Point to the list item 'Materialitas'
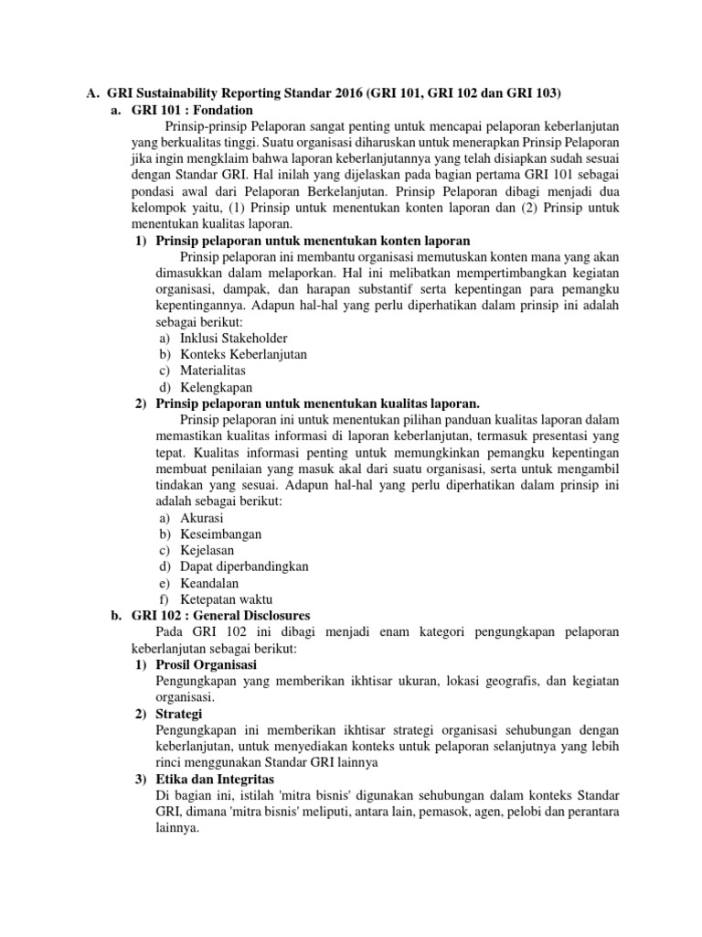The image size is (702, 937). (x=213, y=371)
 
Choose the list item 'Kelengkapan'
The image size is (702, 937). (x=217, y=387)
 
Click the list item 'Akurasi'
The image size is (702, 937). (x=202, y=518)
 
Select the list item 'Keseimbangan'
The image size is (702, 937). (x=221, y=533)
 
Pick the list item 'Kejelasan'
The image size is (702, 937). (x=207, y=550)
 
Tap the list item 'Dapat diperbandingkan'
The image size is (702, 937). (x=244, y=566)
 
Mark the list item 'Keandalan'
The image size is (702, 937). (x=210, y=583)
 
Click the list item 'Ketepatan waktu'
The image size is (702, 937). (x=227, y=599)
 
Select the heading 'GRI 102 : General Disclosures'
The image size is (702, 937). (x=221, y=615)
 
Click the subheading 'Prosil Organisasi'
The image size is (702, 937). (x=207, y=664)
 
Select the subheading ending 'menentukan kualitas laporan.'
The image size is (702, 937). (x=318, y=404)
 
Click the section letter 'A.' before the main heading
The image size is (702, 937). (x=91, y=92)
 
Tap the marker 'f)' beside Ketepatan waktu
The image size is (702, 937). (x=165, y=599)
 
